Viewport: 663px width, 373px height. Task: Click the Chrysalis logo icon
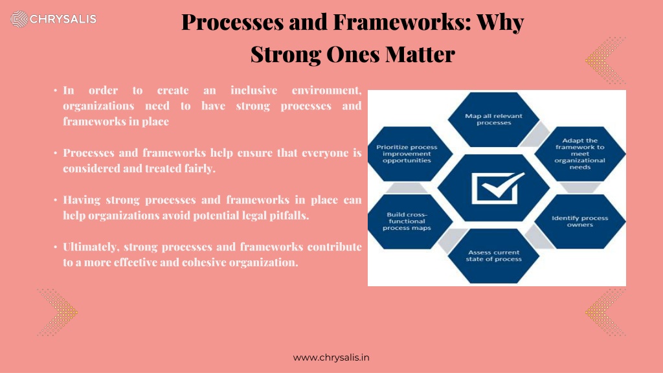pos(19,19)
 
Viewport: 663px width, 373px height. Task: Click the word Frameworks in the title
pos(401,22)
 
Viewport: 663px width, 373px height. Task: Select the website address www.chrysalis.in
pos(331,357)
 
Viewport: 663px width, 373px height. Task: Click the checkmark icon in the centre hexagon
pos(497,188)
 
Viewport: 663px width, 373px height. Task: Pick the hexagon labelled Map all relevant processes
pos(493,119)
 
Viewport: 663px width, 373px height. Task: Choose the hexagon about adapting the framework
pos(579,154)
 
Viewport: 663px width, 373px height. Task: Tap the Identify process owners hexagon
pos(579,221)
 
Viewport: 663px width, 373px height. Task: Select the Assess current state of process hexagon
pos(493,256)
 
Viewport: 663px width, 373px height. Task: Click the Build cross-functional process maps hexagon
pos(407,221)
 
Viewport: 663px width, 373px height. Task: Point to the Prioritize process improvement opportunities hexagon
pos(407,154)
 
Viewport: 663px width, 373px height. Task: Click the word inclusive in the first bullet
pos(254,90)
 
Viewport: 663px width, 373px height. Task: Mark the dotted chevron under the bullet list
pos(58,313)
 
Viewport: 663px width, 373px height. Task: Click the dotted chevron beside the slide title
pos(605,60)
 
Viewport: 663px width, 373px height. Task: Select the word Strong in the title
pos(286,54)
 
